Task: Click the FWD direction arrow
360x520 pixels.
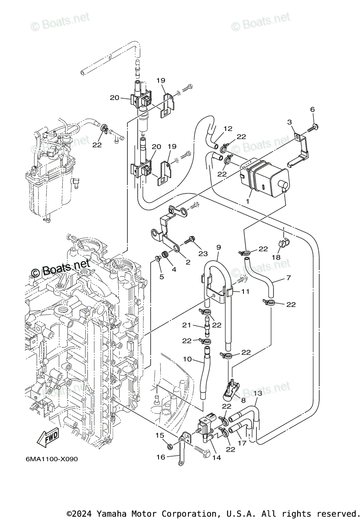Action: tap(48, 438)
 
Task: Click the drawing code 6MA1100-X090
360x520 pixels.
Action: tap(49, 459)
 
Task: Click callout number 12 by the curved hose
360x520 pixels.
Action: tap(228, 129)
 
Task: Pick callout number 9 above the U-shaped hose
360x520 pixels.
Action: tap(218, 247)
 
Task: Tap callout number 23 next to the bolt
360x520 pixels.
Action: tap(203, 253)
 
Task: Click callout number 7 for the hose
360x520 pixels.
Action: tap(289, 278)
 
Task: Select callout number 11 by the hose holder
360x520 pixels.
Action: tap(246, 292)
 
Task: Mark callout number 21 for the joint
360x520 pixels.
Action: tap(187, 325)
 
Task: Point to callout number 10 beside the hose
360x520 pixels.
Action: tap(187, 359)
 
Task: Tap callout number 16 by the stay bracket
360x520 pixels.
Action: tap(161, 457)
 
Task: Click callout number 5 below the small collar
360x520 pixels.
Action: tap(162, 276)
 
